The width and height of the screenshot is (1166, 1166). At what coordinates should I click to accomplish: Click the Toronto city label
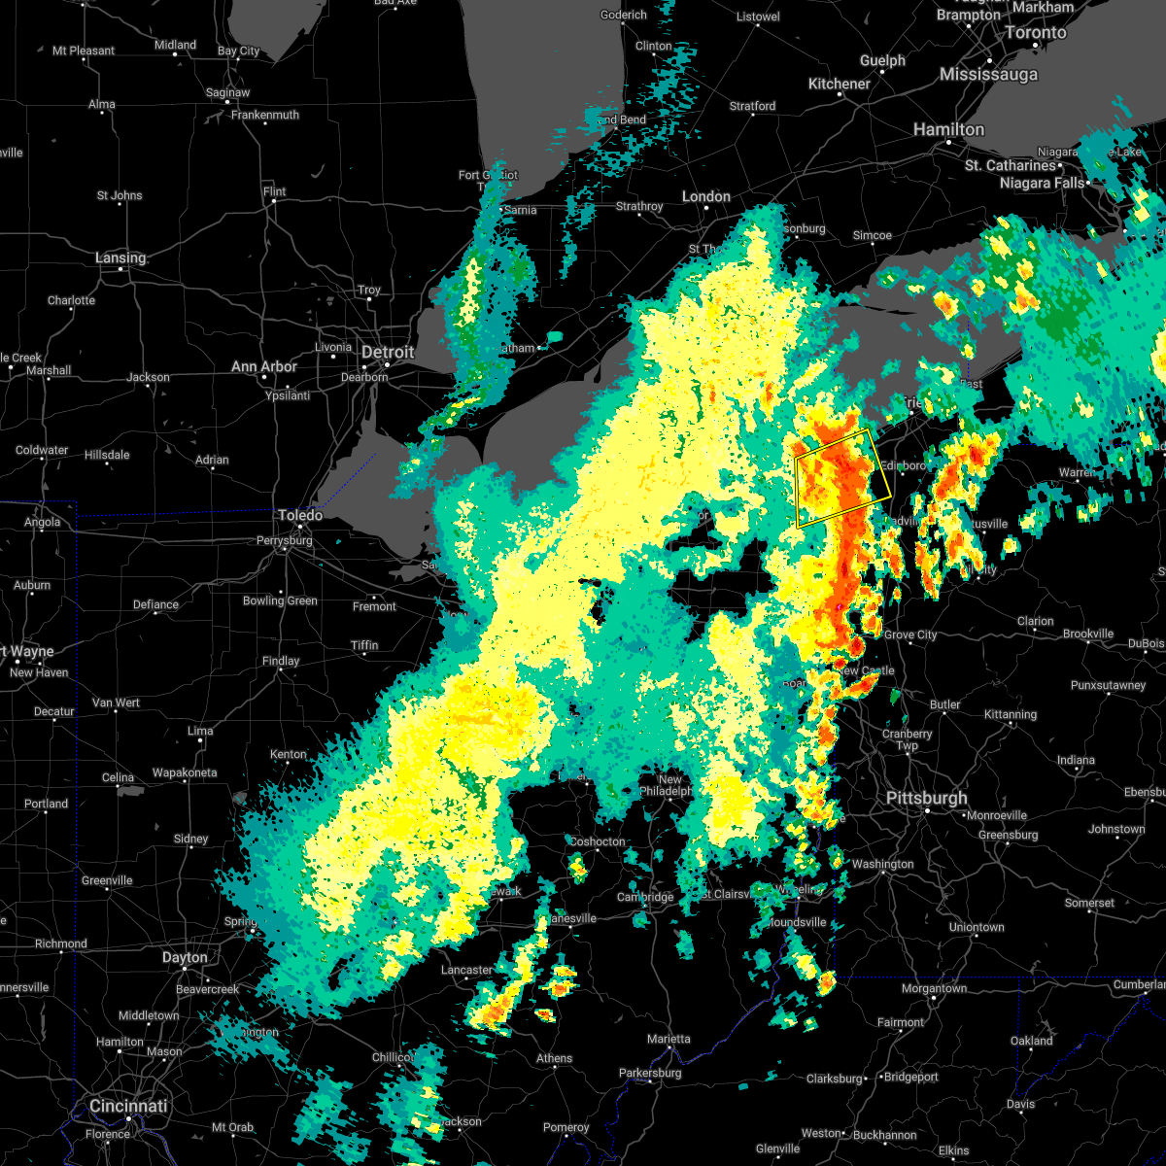pyautogui.click(x=1035, y=32)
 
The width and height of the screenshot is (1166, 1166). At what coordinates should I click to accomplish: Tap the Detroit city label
pyautogui.click(x=388, y=352)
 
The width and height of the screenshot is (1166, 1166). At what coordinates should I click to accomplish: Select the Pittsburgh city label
pyautogui.click(x=926, y=798)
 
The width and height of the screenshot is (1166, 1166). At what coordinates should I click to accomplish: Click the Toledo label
pyautogui.click(x=300, y=515)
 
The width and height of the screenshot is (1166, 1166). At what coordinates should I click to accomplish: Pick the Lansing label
pyautogui.click(x=120, y=257)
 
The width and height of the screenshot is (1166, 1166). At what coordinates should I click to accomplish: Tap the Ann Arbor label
pyautogui.click(x=264, y=366)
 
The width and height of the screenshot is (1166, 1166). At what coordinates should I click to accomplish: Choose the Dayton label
pyautogui.click(x=185, y=957)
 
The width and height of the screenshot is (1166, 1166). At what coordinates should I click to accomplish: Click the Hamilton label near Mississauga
pyautogui.click(x=948, y=129)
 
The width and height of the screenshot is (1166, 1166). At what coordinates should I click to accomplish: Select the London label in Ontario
pyautogui.click(x=705, y=196)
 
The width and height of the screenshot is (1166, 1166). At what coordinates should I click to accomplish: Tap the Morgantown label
pyautogui.click(x=934, y=988)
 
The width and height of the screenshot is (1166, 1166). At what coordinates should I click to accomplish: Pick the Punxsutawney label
pyautogui.click(x=1108, y=685)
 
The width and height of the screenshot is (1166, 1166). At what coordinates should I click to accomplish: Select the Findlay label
pyautogui.click(x=281, y=661)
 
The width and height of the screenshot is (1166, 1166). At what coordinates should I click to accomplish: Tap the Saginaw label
pyautogui.click(x=227, y=92)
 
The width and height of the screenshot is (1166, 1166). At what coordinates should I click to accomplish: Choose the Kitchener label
pyautogui.click(x=839, y=84)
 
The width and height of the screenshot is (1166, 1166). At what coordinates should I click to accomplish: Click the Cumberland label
pyautogui.click(x=1139, y=984)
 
